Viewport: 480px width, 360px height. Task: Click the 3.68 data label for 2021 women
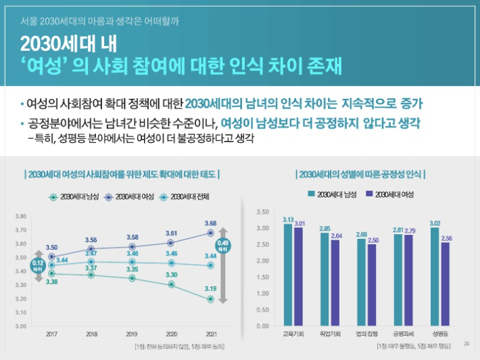pyautogui.click(x=210, y=223)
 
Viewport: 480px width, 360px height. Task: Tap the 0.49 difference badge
pyautogui.click(x=222, y=246)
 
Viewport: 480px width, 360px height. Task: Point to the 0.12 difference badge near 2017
pyautogui.click(x=38, y=265)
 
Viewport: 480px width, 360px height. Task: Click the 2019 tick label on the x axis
pyautogui.click(x=131, y=334)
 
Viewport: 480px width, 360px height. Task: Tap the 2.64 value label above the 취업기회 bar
pyautogui.click(x=335, y=235)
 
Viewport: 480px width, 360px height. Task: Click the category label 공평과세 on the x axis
pyautogui.click(x=402, y=334)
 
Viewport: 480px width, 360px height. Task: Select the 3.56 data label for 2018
pyautogui.click(x=91, y=240)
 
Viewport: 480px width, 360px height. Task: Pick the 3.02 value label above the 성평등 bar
pyautogui.click(x=434, y=223)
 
